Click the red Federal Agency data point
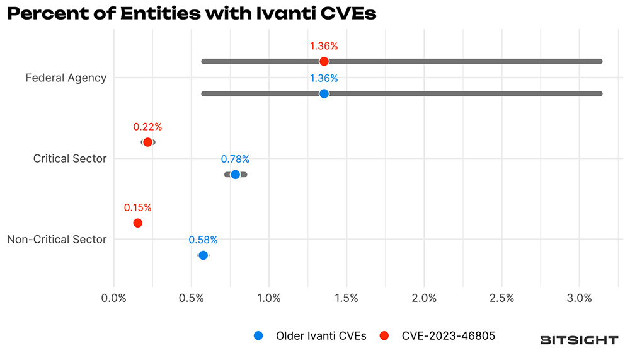[x=324, y=61]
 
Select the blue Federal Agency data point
[x=324, y=93]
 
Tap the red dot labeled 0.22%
[x=147, y=142]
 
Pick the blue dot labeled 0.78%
[x=235, y=174]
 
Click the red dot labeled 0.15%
[x=137, y=223]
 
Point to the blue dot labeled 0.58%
[x=203, y=255]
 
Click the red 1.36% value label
[x=324, y=46]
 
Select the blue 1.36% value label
[x=324, y=78]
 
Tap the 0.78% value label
[x=235, y=159]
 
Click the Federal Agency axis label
[x=66, y=78]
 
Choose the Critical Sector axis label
[x=69, y=159]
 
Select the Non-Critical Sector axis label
[x=56, y=240]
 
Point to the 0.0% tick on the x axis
[x=113, y=298]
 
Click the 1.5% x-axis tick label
[x=346, y=298]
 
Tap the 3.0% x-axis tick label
[x=580, y=298]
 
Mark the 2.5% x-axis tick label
[x=502, y=298]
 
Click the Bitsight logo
[x=579, y=340]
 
